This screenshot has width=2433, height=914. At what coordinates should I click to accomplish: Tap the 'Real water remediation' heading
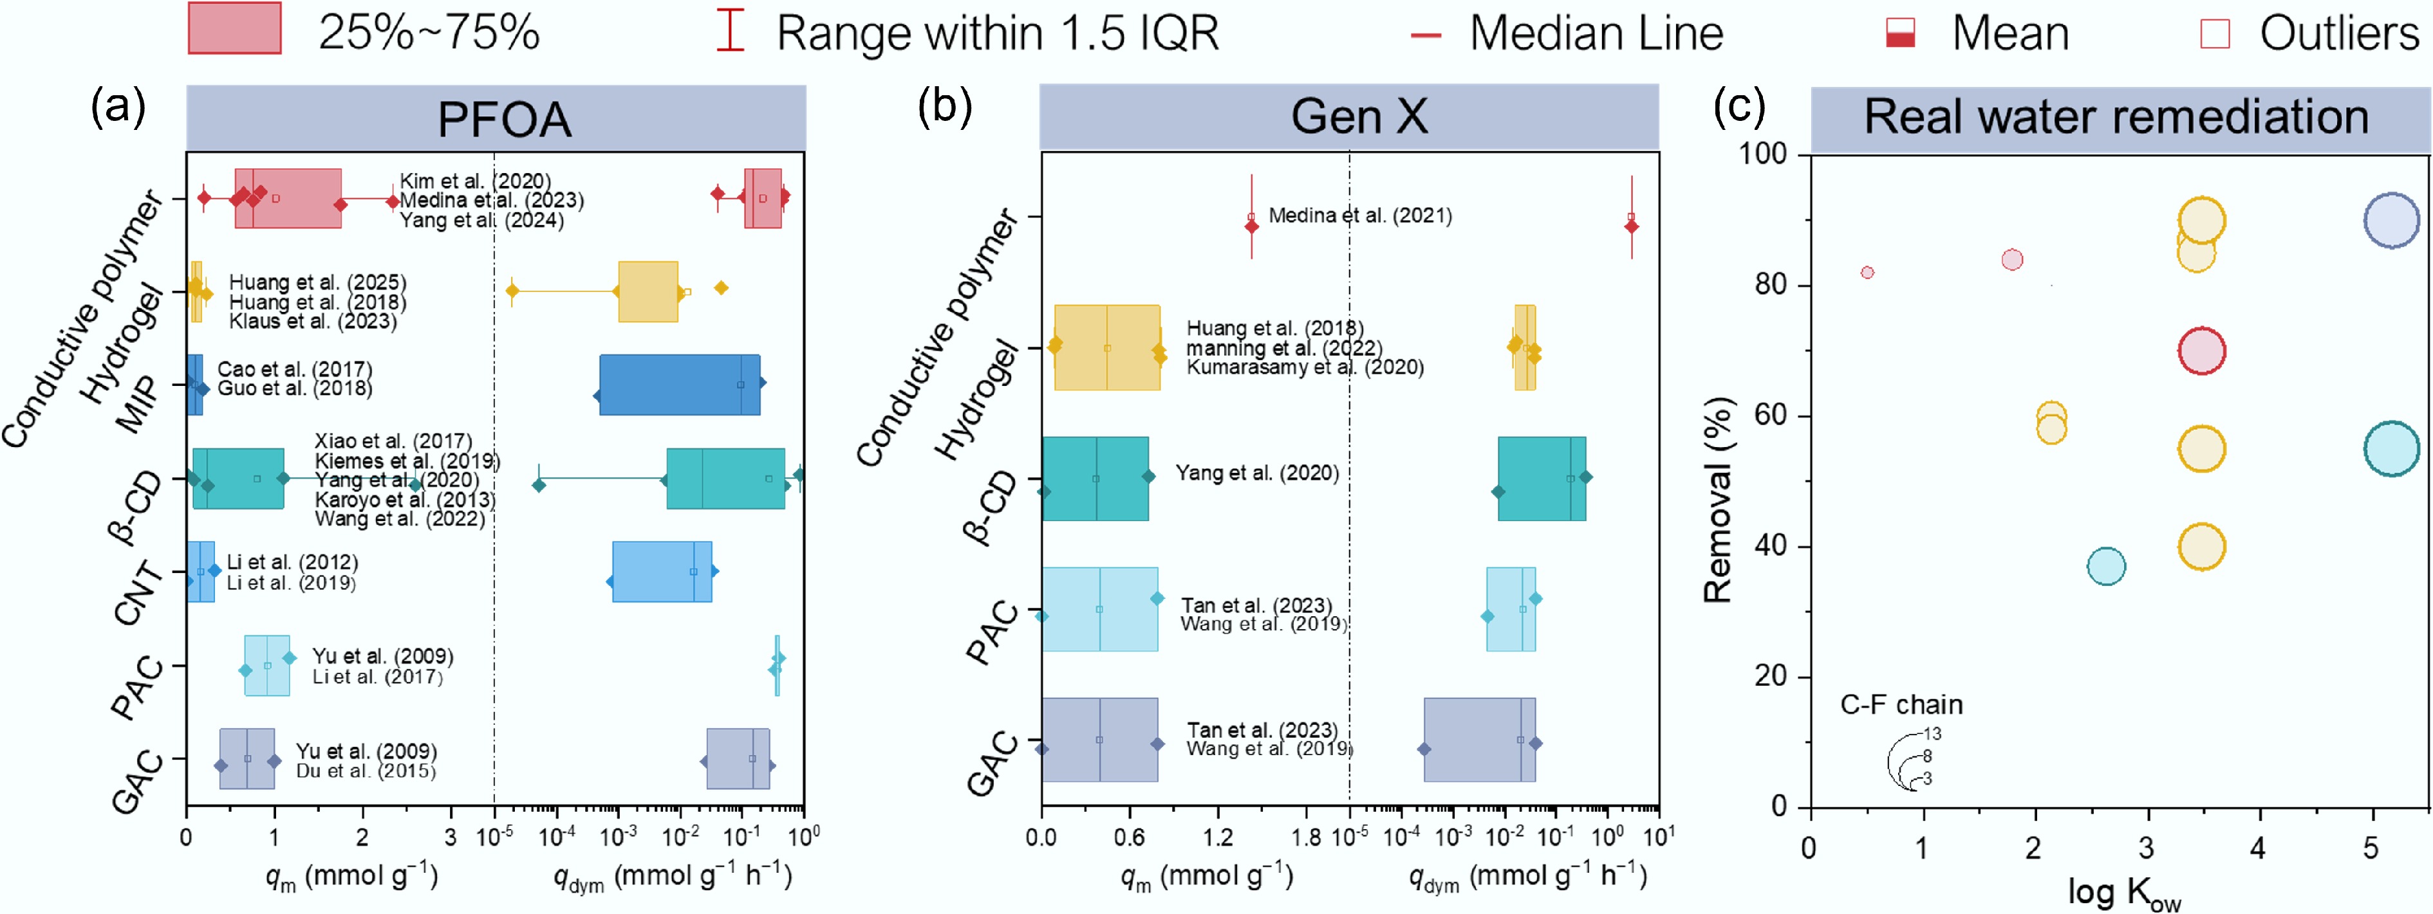click(x=2116, y=117)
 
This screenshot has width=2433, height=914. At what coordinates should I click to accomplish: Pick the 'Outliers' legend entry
click(x=2338, y=34)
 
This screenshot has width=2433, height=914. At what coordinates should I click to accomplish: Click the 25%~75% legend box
click(x=234, y=28)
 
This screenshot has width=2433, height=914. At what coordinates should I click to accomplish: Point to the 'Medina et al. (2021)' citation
click(x=1359, y=215)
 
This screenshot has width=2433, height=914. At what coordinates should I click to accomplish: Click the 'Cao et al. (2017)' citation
click(x=295, y=369)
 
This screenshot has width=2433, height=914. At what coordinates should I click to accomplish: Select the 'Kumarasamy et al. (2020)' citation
click(x=1304, y=367)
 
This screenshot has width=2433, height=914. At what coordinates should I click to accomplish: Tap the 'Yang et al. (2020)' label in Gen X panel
click(x=1256, y=473)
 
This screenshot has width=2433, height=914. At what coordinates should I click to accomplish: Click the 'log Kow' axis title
click(x=2123, y=891)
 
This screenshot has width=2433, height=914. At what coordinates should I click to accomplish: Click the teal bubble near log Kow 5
click(x=2391, y=448)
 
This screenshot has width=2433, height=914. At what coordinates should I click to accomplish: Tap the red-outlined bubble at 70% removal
click(x=2201, y=351)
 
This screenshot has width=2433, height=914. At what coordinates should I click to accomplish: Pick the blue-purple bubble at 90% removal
click(x=2391, y=220)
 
